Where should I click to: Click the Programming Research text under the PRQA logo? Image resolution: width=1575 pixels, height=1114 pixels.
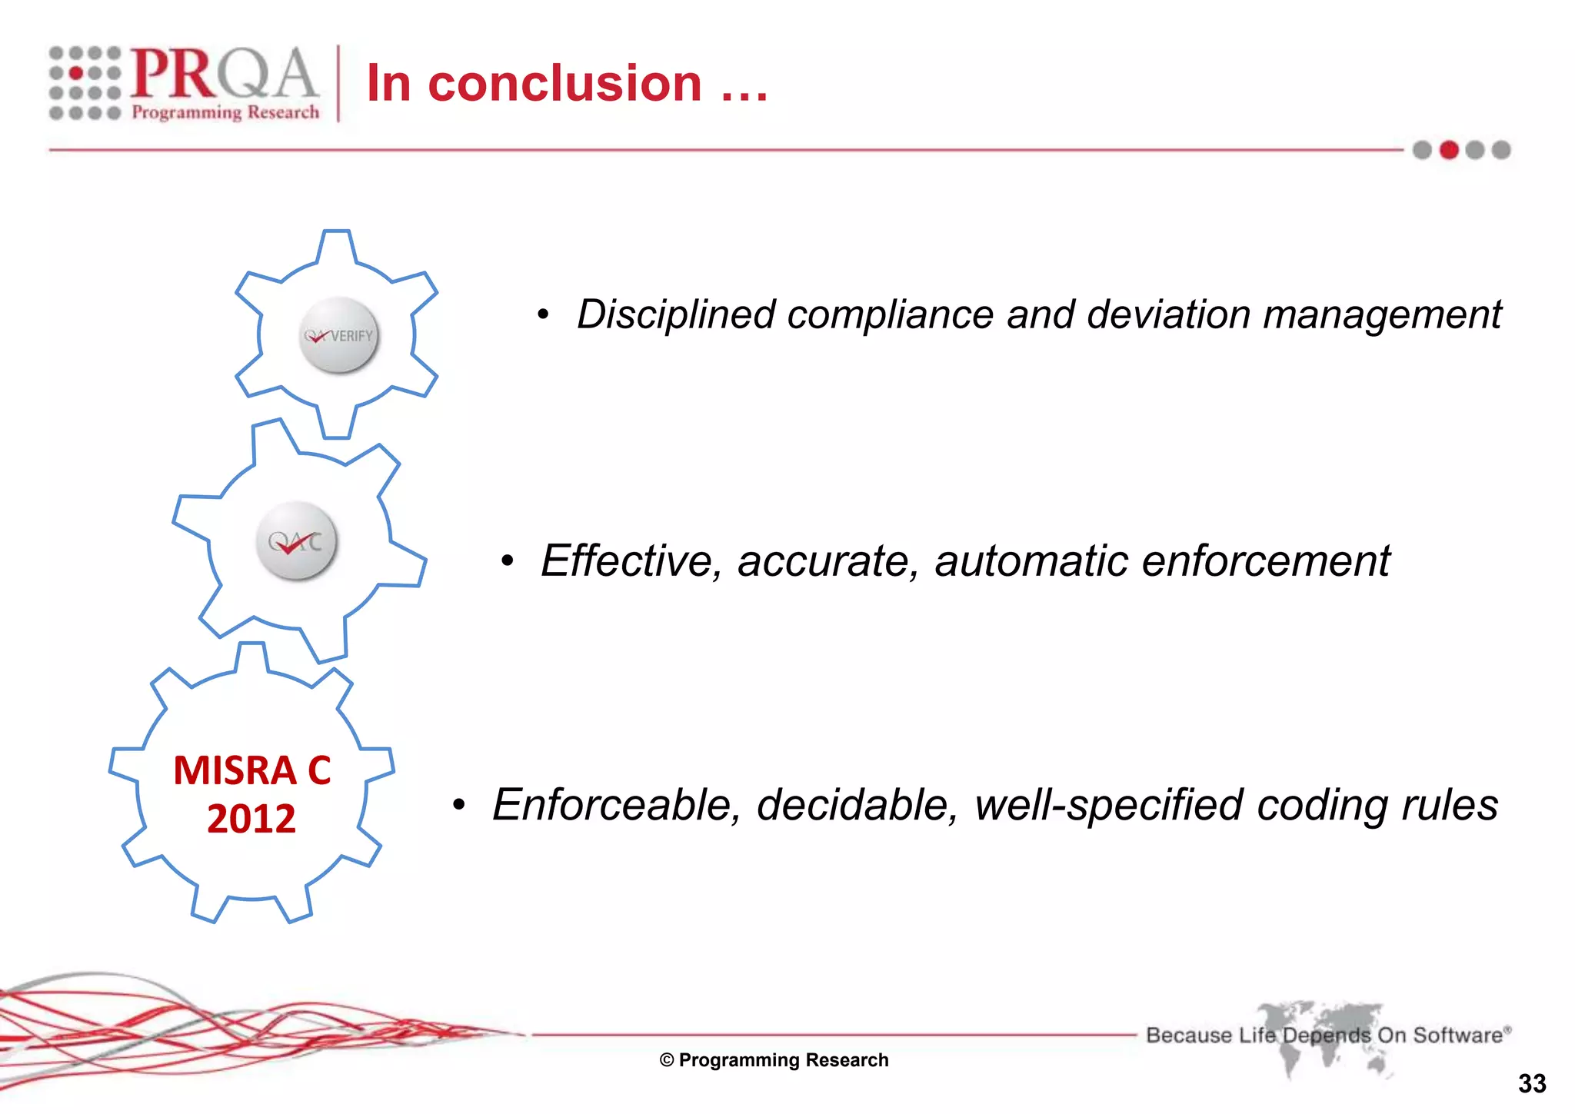[x=225, y=112]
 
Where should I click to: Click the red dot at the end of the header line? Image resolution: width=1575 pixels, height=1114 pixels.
[x=1449, y=150]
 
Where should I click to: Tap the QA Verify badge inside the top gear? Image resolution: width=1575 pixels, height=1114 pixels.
[x=338, y=335]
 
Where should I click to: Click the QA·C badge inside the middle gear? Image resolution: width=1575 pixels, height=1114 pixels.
[x=295, y=541]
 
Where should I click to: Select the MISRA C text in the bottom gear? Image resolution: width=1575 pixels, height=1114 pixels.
[x=251, y=770]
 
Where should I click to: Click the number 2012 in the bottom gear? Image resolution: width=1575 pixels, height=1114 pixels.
[x=251, y=819]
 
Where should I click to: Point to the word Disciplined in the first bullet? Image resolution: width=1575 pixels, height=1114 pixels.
[x=675, y=314]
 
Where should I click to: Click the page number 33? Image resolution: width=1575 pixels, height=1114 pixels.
[x=1532, y=1083]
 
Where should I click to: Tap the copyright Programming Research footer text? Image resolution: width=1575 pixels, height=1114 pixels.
[x=774, y=1060]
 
